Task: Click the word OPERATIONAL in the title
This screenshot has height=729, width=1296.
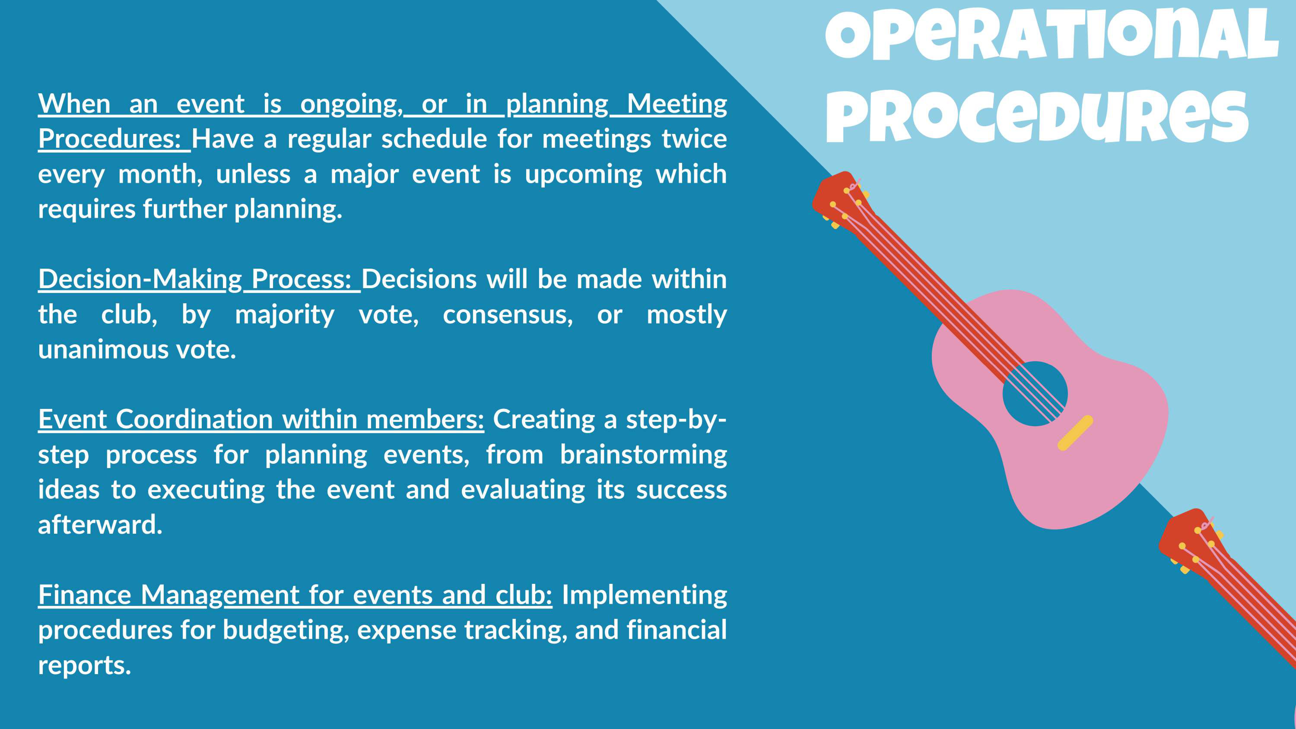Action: tap(1051, 34)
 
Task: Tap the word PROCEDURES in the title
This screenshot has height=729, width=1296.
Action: tap(1037, 117)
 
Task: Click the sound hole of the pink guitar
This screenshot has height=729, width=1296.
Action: tap(1035, 393)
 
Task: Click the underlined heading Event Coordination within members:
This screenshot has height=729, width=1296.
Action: tap(261, 419)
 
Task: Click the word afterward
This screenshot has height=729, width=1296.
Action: tap(100, 525)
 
